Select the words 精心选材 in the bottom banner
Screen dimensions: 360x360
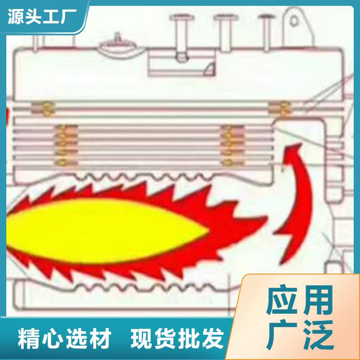[x=64, y=338]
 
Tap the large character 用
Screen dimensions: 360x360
[x=318, y=301]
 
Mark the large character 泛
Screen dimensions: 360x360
[x=318, y=334]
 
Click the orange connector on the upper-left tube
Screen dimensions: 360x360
[x=43, y=108]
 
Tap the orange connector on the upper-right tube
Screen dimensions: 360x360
[x=279, y=108]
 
